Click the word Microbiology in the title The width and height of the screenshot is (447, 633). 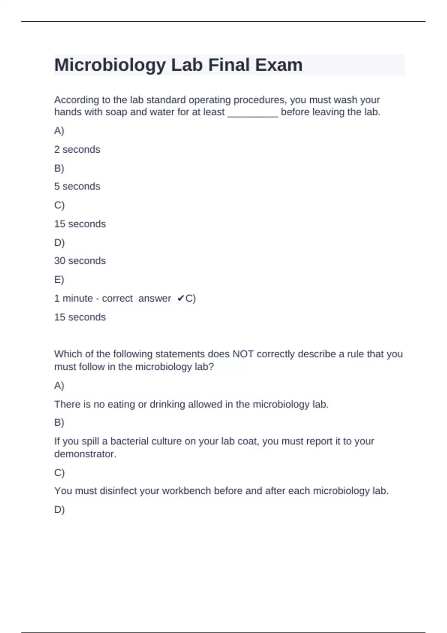[x=110, y=65]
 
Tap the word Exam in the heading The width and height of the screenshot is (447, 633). [x=279, y=65]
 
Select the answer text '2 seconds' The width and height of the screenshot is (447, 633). [x=77, y=150]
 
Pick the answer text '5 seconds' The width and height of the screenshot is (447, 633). [x=77, y=187]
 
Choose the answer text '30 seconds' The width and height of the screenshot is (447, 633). [x=80, y=261]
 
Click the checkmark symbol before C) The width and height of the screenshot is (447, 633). [x=181, y=299]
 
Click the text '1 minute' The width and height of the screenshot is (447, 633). [x=73, y=299]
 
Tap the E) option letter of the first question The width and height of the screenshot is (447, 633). [x=59, y=280]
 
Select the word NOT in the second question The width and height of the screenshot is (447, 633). [x=243, y=354]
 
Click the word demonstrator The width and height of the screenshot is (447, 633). [x=85, y=454]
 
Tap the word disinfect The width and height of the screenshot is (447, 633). [x=118, y=491]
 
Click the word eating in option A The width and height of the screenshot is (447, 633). [x=121, y=404]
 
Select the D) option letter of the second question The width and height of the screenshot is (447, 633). [x=59, y=510]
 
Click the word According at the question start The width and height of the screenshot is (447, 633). [x=76, y=100]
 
